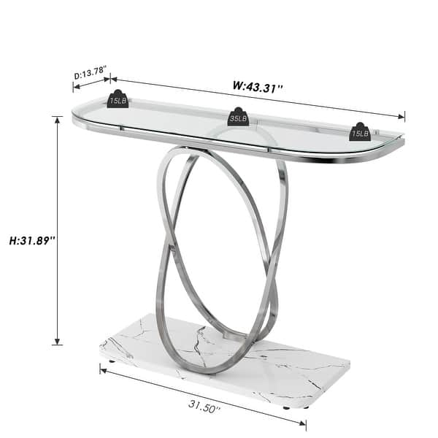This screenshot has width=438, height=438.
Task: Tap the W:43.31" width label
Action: (x=258, y=85)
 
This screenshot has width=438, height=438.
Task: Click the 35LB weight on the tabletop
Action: (x=238, y=116)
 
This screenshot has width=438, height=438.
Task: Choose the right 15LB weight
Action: (x=360, y=131)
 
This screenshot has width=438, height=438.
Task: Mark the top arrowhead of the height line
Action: (x=58, y=118)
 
